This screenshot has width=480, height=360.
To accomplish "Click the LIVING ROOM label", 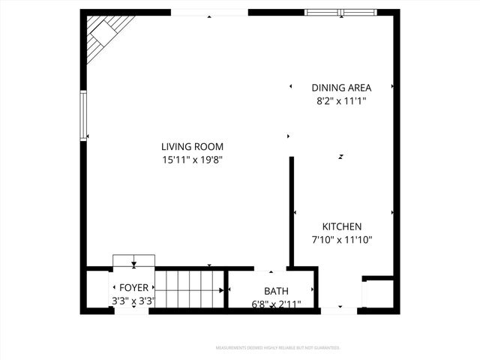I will [x=192, y=147].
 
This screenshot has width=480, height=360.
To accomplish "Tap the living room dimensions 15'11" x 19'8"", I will [x=192, y=160].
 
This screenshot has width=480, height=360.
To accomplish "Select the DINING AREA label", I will [x=341, y=88].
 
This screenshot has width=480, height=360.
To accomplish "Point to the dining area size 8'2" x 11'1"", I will [x=341, y=100].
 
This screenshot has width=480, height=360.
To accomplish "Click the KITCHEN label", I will [x=342, y=226].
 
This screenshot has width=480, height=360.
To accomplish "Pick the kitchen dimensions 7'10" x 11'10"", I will [x=342, y=240].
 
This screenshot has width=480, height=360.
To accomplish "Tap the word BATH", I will [x=276, y=291].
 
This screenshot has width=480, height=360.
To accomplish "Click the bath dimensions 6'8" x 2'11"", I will [x=276, y=304].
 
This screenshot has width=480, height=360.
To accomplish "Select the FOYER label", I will [x=133, y=288].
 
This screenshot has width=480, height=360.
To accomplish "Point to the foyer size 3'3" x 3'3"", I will [x=133, y=301].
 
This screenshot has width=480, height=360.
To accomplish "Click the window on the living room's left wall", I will [x=83, y=115].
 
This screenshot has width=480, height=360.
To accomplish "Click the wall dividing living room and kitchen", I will [x=292, y=210].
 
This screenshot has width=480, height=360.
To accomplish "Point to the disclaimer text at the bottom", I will [x=277, y=348].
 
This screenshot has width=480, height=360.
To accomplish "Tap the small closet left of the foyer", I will [x=97, y=289].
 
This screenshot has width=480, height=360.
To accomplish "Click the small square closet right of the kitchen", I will [x=377, y=293].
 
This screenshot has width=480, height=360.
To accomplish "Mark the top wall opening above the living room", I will [x=209, y=13].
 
